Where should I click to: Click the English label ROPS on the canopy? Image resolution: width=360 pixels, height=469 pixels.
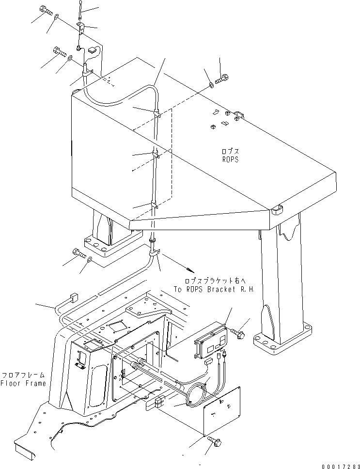[x=229, y=159]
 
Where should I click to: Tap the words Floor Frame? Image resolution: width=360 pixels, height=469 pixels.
[x=23, y=383]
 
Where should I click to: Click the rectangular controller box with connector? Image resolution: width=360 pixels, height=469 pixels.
[x=212, y=342]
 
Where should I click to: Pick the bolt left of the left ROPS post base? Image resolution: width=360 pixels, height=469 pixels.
[x=79, y=252]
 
